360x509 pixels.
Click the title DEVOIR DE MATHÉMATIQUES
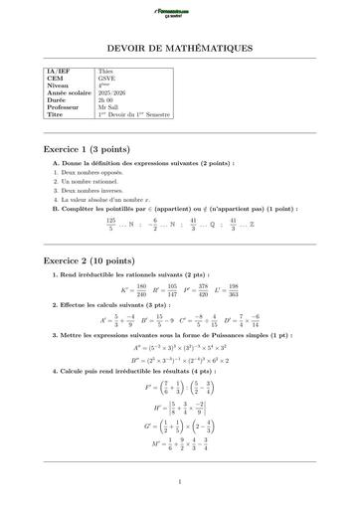tap(179, 48)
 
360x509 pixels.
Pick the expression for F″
tap(179, 383)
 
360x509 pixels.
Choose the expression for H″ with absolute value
tap(179, 406)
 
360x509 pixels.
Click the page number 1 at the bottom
tap(179, 484)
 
